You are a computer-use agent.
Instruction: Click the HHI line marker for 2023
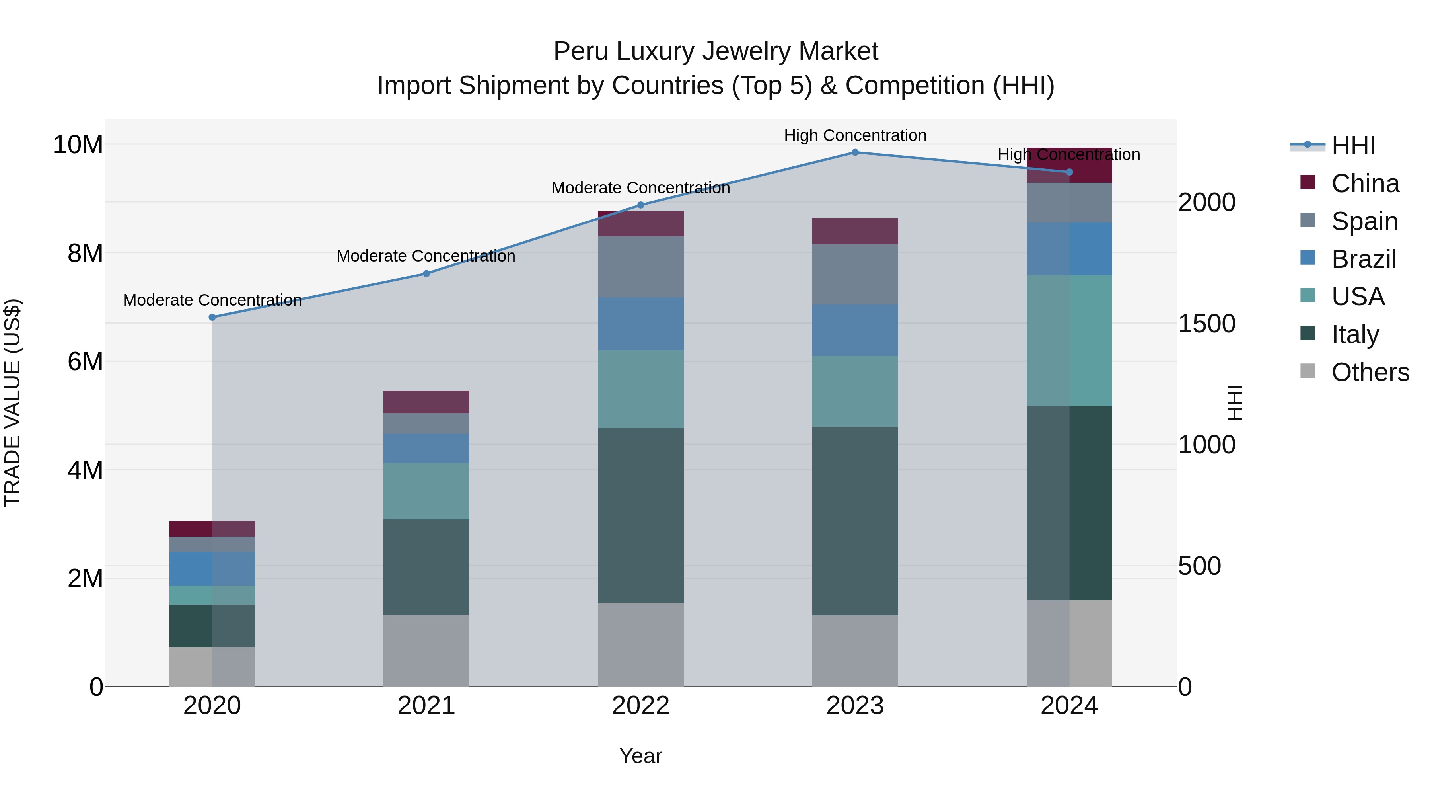coord(855,152)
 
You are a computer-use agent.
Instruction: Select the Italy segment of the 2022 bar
coord(640,515)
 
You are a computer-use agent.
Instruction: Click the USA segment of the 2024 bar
coord(1069,340)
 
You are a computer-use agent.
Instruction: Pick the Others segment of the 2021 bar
coord(426,650)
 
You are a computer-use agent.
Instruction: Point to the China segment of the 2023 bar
coord(855,231)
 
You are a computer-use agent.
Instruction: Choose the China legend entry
coord(1365,183)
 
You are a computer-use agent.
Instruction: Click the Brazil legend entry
coord(1363,259)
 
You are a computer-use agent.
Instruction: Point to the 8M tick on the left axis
coord(85,253)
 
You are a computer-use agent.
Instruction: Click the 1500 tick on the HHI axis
coord(1206,323)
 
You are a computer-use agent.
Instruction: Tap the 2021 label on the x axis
coord(426,706)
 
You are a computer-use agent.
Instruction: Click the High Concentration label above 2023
coord(855,135)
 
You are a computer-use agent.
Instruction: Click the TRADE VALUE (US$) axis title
coord(12,403)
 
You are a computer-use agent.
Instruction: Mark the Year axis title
coord(640,756)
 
